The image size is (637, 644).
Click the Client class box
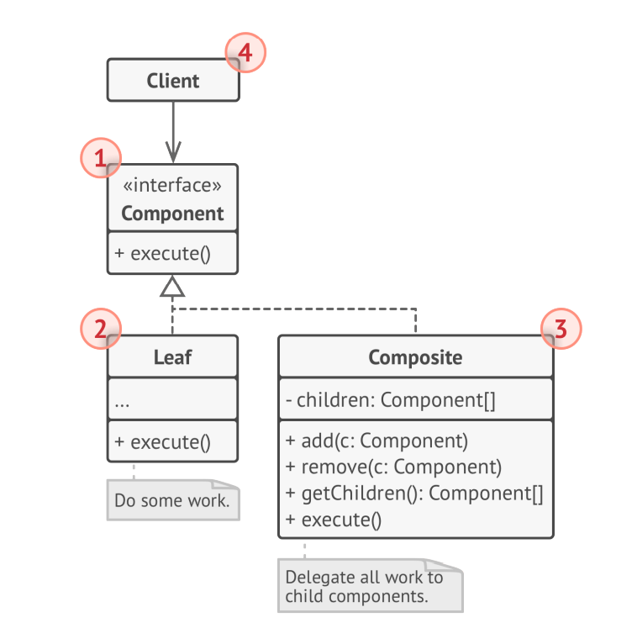click(x=172, y=81)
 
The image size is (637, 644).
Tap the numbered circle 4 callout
click(x=245, y=53)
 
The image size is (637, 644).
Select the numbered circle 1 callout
click(x=100, y=158)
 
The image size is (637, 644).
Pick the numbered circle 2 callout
click(x=100, y=329)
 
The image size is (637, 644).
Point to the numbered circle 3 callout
click(x=561, y=330)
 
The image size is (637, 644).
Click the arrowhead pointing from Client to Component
click(x=172, y=154)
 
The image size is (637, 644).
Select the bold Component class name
click(x=172, y=214)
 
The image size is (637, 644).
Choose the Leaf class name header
click(x=172, y=357)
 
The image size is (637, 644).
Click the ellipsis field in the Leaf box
click(x=122, y=401)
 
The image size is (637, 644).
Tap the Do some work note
click(x=172, y=500)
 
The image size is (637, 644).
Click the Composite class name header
click(x=415, y=357)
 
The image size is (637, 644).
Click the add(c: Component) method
click(x=376, y=441)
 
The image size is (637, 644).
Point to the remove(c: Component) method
click(x=393, y=467)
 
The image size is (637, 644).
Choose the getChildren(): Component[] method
click(x=414, y=494)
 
